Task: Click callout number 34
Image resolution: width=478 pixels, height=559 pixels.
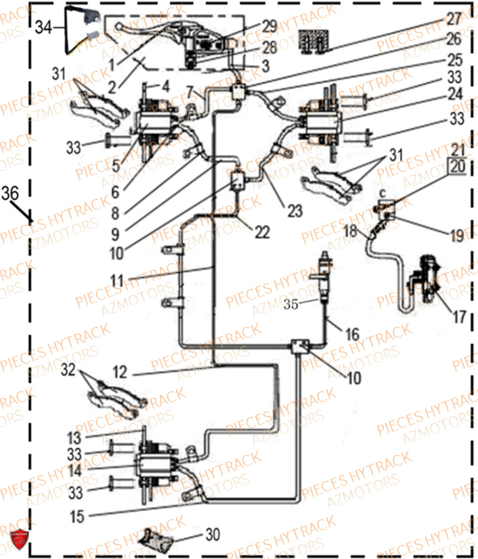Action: click(45, 27)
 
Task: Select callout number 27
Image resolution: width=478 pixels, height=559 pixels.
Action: click(454, 19)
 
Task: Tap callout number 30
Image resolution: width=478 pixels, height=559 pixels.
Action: click(212, 535)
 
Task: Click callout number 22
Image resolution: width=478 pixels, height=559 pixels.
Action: click(262, 232)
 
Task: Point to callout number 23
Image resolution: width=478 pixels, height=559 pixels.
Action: click(295, 211)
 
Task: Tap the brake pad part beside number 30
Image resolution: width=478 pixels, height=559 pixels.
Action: click(159, 538)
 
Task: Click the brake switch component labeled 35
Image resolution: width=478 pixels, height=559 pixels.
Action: click(324, 274)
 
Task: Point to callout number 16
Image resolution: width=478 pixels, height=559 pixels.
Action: click(352, 335)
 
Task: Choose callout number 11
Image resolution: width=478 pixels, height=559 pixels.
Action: click(117, 280)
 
